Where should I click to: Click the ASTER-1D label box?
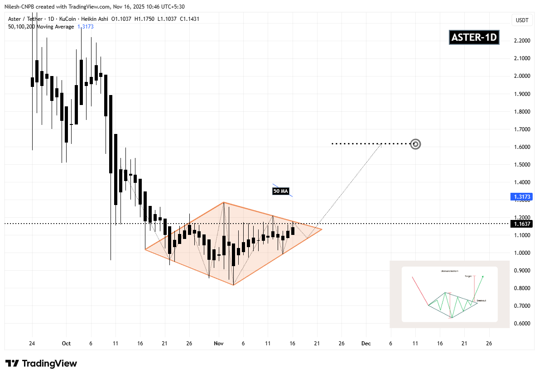point(474,38)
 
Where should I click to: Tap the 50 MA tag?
point(281,191)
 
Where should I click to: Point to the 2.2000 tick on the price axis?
point(522,41)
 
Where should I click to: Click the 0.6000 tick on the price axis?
point(522,324)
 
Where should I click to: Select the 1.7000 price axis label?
point(522,129)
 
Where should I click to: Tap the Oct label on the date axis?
point(66,344)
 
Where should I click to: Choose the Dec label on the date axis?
point(366,344)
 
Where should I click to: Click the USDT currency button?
point(522,20)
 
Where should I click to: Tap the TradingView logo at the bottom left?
point(41,363)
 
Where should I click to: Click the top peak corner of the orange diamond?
point(223,202)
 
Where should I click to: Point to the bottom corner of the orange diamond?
point(233,285)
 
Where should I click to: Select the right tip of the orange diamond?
point(322,229)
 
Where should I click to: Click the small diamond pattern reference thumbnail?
point(449,294)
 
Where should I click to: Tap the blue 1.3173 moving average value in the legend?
point(85,27)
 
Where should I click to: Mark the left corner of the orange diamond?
point(145,249)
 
